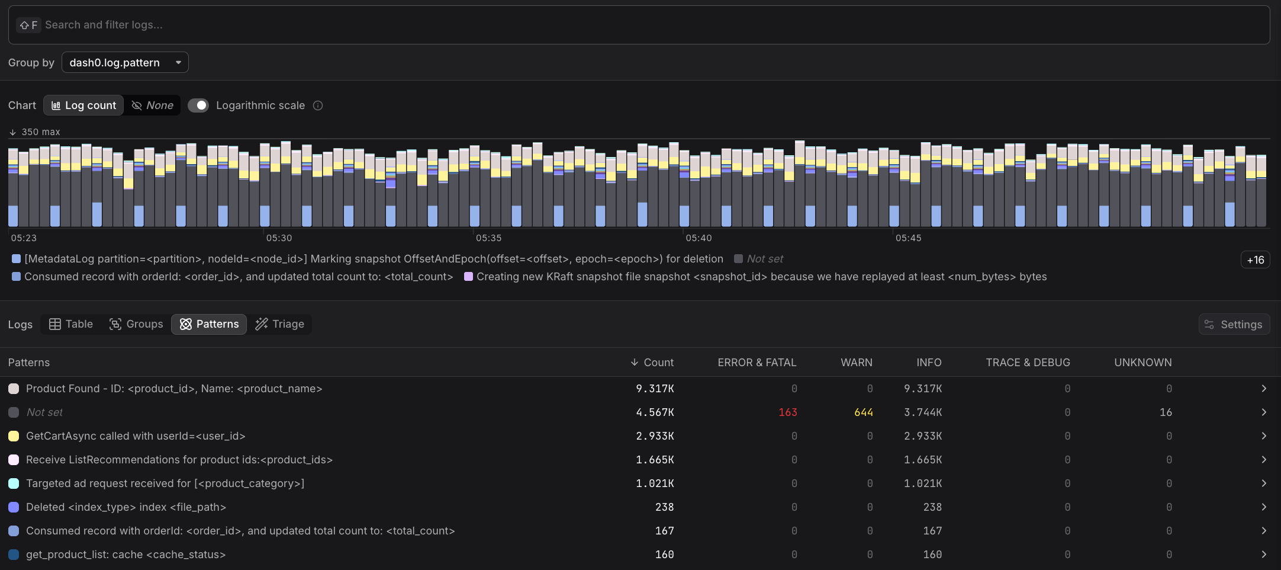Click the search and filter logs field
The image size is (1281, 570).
[639, 25]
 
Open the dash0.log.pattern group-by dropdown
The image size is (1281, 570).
[125, 62]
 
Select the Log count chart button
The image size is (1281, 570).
[83, 105]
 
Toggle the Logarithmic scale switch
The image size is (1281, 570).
[198, 105]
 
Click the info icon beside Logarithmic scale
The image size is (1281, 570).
[318, 105]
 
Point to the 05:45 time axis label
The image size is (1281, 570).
[908, 238]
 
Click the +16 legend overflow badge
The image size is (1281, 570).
[1255, 260]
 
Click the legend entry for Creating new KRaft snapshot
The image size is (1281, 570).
[761, 277]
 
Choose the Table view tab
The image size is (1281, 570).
[71, 324]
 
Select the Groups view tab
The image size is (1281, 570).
[136, 324]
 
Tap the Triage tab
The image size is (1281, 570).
[279, 324]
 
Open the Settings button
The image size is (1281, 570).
[1234, 324]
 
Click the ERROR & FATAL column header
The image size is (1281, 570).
[757, 362]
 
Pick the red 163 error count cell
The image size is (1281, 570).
[787, 412]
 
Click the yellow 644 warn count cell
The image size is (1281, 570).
[863, 412]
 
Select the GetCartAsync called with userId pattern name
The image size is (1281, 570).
[136, 436]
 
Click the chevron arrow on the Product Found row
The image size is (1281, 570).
[1263, 389]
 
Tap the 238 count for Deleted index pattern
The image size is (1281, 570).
[664, 507]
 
